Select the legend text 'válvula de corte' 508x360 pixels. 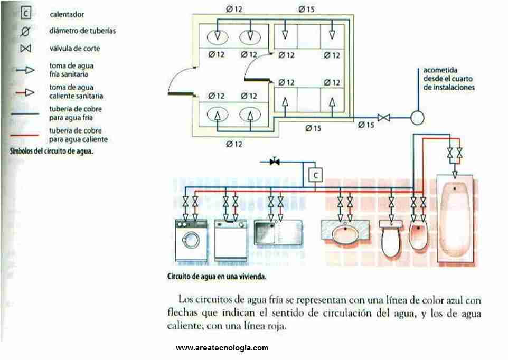(74, 49)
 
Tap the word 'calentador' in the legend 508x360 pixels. (67, 14)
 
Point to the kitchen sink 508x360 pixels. (277, 232)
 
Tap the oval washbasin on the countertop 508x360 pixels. (345, 233)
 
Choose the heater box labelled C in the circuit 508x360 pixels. (315, 174)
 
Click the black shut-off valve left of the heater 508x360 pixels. (274, 162)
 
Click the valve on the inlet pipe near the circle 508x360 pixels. (384, 118)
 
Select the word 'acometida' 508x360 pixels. (440, 70)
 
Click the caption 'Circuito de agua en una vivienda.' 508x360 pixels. (216, 276)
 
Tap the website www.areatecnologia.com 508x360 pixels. (222, 348)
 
